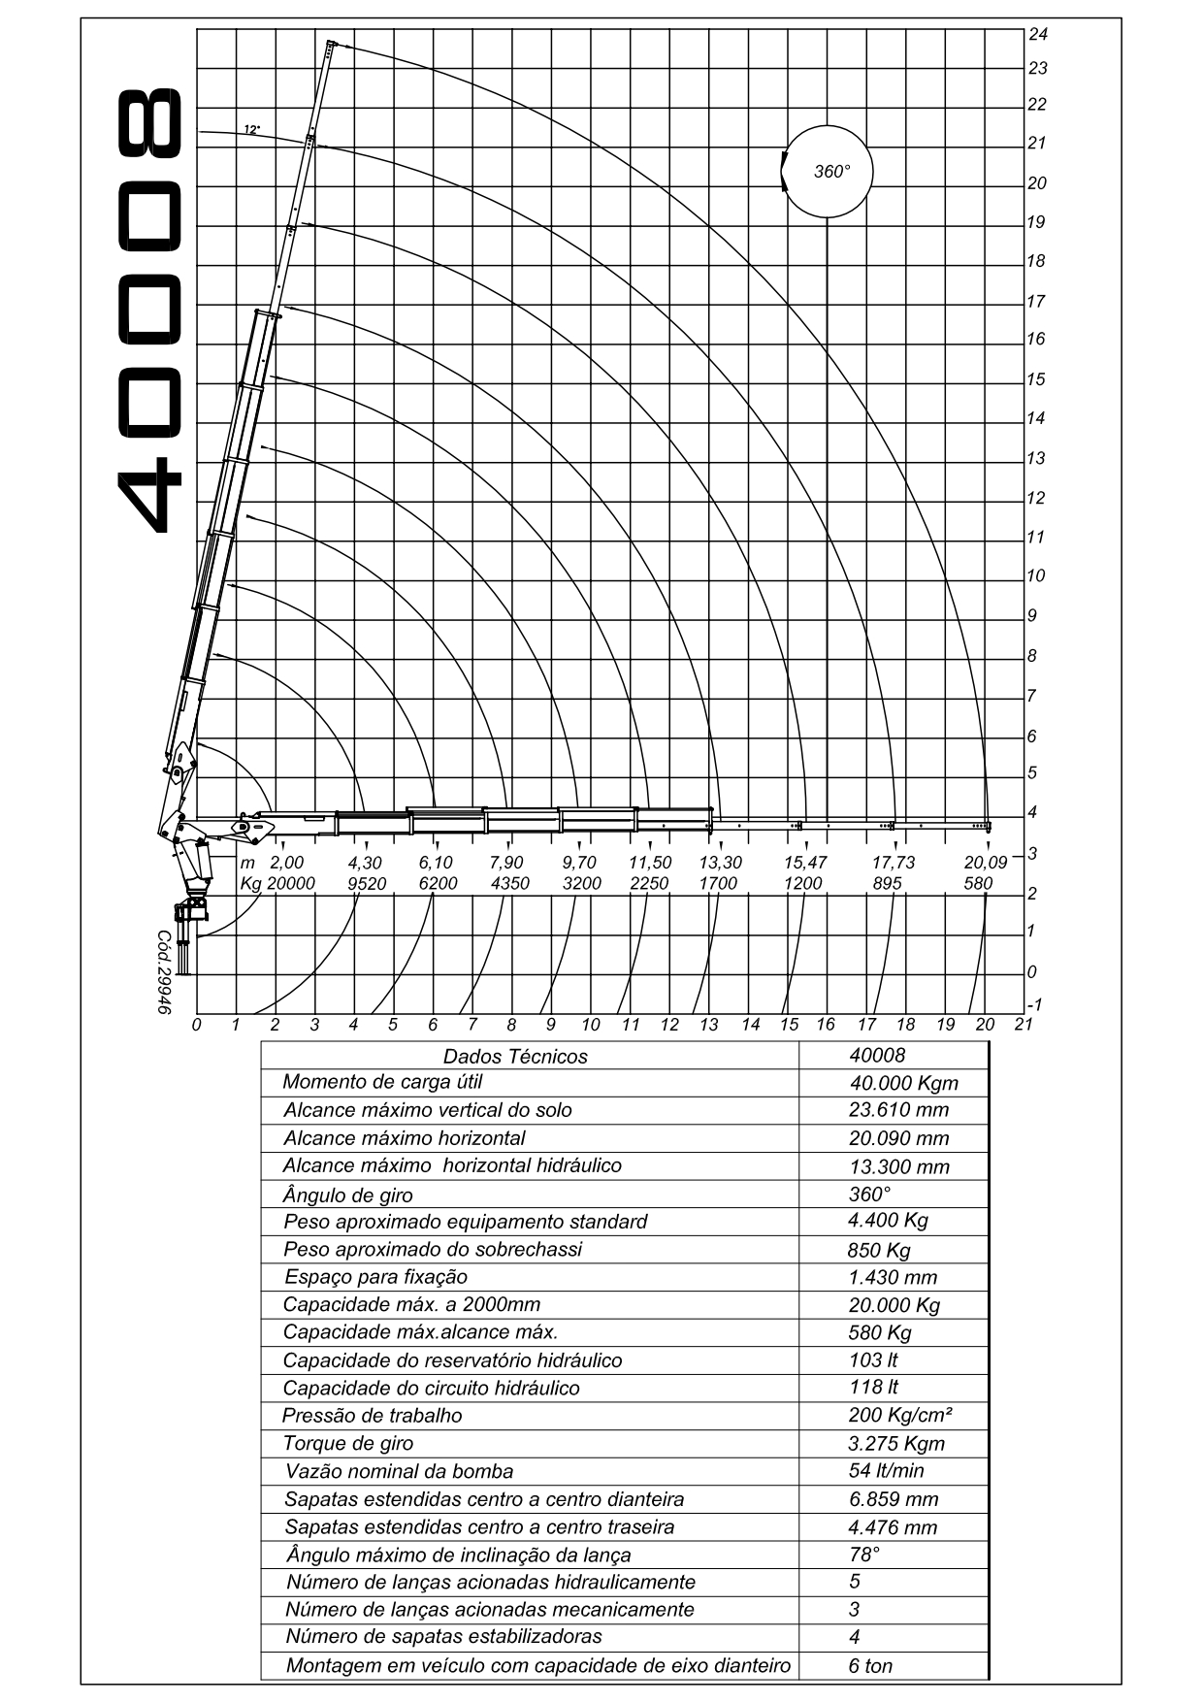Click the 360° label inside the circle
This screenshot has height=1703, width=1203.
point(831,172)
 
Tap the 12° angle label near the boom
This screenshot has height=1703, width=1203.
point(252,129)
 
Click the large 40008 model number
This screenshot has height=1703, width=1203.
point(150,311)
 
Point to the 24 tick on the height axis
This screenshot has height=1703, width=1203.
point(1038,34)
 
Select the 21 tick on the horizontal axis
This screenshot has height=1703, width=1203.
point(1024,1024)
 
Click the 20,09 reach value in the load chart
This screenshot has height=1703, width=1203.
point(986,862)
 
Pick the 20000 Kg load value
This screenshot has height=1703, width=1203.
point(291,883)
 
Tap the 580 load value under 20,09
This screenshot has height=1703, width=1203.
point(979,883)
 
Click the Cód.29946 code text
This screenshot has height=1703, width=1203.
point(164,973)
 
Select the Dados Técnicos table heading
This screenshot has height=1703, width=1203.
point(515,1057)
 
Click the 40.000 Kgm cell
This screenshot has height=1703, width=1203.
point(903,1084)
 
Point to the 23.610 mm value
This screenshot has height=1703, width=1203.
point(898,1110)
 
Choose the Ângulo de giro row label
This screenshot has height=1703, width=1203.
point(348,1195)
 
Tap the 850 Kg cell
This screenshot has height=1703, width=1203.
point(879,1250)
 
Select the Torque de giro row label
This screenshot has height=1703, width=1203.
point(348,1443)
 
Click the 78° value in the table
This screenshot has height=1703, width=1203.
point(864,1554)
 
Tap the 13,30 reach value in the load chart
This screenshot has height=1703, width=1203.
point(721,862)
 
